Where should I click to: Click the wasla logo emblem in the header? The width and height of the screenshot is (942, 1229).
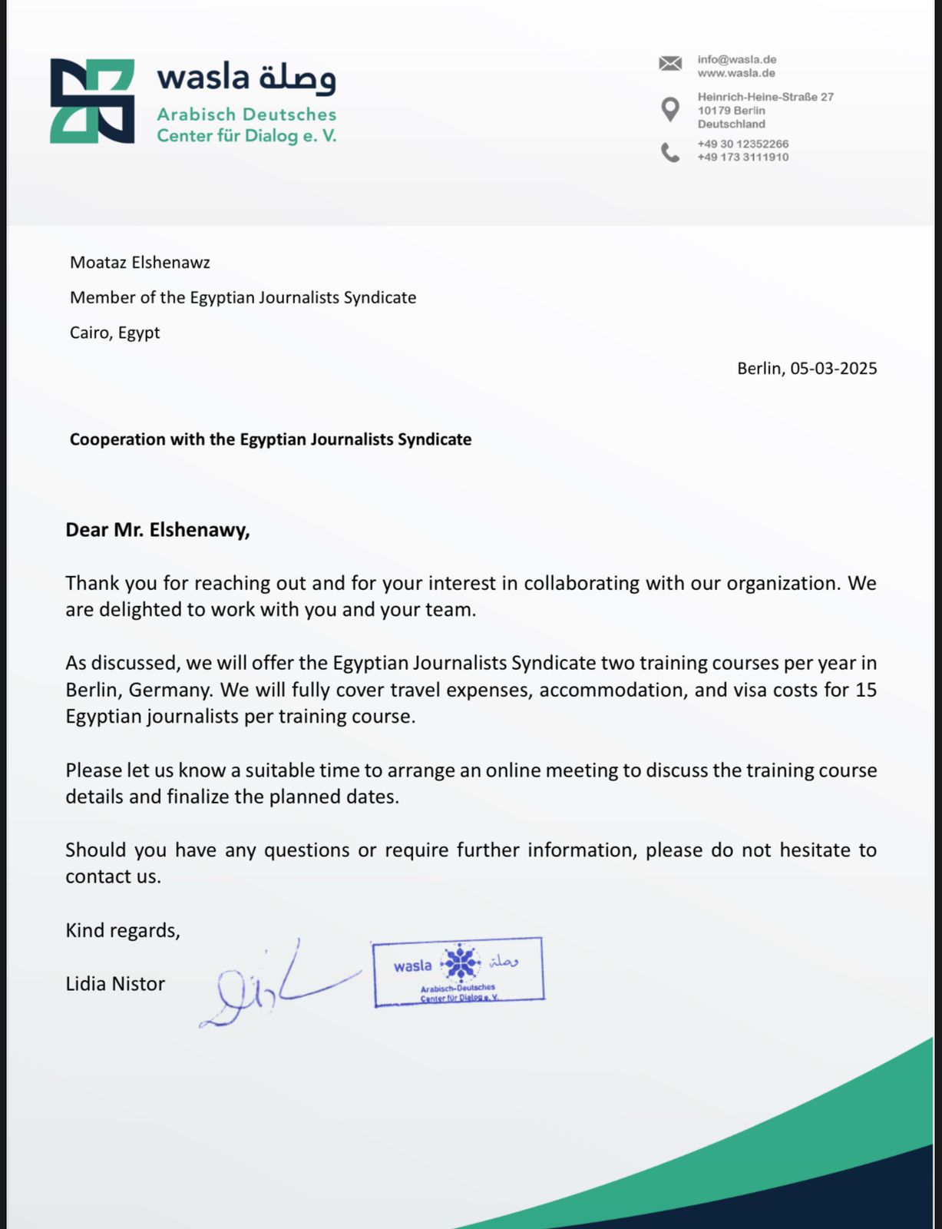click(x=92, y=101)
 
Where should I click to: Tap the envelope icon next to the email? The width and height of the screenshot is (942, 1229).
click(x=669, y=64)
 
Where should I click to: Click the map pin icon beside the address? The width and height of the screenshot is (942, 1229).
click(x=670, y=110)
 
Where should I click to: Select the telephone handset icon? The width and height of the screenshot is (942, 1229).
click(x=670, y=152)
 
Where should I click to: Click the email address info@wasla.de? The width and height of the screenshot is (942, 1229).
click(x=736, y=59)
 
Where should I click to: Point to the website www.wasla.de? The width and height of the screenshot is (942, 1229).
click(x=735, y=73)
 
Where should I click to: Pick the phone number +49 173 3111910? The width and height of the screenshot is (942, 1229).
click(x=742, y=157)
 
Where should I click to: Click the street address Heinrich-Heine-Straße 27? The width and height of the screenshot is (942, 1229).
click(x=765, y=97)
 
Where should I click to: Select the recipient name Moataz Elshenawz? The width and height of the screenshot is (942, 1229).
click(x=140, y=263)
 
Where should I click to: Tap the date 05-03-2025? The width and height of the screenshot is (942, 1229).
click(x=833, y=369)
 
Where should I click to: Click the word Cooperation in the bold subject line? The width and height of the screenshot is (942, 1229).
click(x=107, y=439)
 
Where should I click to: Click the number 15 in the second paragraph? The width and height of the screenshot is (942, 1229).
click(x=865, y=690)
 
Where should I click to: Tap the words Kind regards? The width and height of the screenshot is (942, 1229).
click(x=123, y=930)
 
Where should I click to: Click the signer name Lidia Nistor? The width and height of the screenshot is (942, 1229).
click(x=115, y=984)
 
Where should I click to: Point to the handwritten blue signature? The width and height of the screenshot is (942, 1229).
click(x=269, y=987)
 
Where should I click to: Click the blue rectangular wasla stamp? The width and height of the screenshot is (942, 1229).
click(x=458, y=972)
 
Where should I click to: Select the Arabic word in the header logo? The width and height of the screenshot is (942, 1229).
click(x=297, y=78)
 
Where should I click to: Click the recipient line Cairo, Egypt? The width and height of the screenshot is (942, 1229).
click(x=115, y=333)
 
